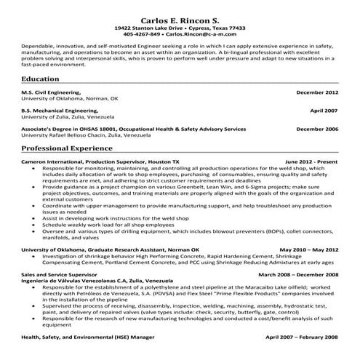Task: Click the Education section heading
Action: pos(41,78)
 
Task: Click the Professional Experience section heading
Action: pos(69,146)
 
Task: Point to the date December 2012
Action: pos(317,93)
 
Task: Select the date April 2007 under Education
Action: pos(324,111)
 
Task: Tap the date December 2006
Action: pos(317,128)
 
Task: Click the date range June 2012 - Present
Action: pos(311,160)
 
